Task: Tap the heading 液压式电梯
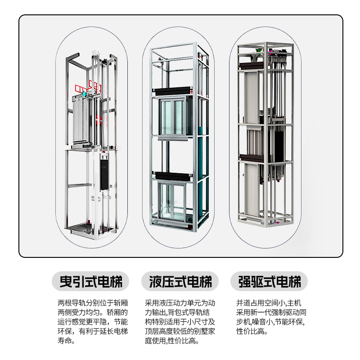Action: coord(180,282)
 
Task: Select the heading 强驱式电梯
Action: coord(269,282)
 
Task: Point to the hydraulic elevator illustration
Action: coord(179,139)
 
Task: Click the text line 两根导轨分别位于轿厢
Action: coord(93,302)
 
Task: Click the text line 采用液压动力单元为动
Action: coord(180,302)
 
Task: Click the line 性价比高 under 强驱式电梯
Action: coord(252,332)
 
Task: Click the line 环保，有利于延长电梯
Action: coord(93,332)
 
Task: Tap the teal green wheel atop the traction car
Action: coord(84,94)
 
